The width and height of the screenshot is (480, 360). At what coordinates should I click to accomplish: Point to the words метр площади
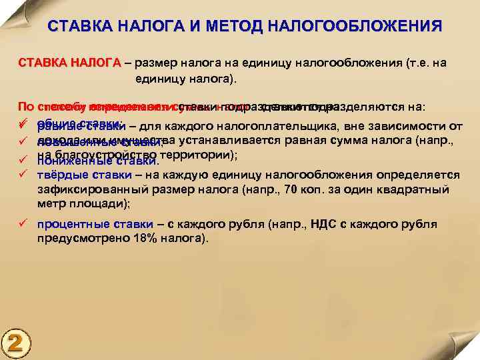point(83,204)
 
